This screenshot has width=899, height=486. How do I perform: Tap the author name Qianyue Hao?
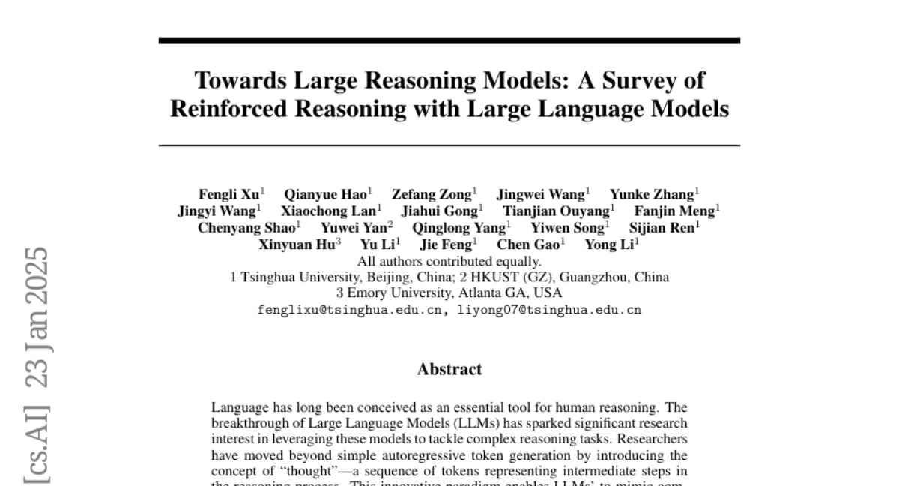click(x=326, y=195)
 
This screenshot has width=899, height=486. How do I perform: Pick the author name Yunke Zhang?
click(x=652, y=195)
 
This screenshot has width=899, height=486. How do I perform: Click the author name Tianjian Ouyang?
click(x=556, y=211)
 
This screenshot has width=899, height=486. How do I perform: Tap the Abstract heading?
click(x=449, y=369)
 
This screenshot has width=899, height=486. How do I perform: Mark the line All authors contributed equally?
click(x=449, y=261)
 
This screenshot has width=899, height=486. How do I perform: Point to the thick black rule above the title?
click(x=449, y=40)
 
